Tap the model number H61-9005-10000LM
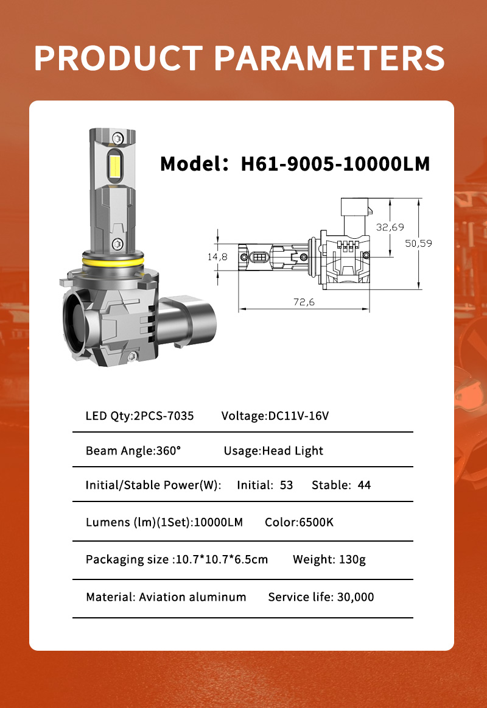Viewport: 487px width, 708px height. pos(335,164)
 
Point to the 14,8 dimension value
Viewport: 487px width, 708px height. pos(217,257)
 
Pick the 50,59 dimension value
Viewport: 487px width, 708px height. pos(419,243)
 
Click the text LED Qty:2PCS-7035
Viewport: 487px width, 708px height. pos(139,416)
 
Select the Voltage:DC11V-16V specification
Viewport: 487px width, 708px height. pos(275,416)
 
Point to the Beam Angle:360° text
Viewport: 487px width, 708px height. pos(133,451)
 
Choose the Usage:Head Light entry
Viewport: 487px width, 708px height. pos(273,451)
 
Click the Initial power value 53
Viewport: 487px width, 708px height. pos(286,485)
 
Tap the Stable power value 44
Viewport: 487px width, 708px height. pos(365,485)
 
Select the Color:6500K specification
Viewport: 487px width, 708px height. pos(299,522)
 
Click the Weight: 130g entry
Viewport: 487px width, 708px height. pos(329,559)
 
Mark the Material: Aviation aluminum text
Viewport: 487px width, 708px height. pos(166,596)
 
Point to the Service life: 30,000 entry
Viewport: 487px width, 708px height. pos(321,596)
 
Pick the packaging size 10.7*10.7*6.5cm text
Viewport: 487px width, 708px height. pos(221,559)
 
